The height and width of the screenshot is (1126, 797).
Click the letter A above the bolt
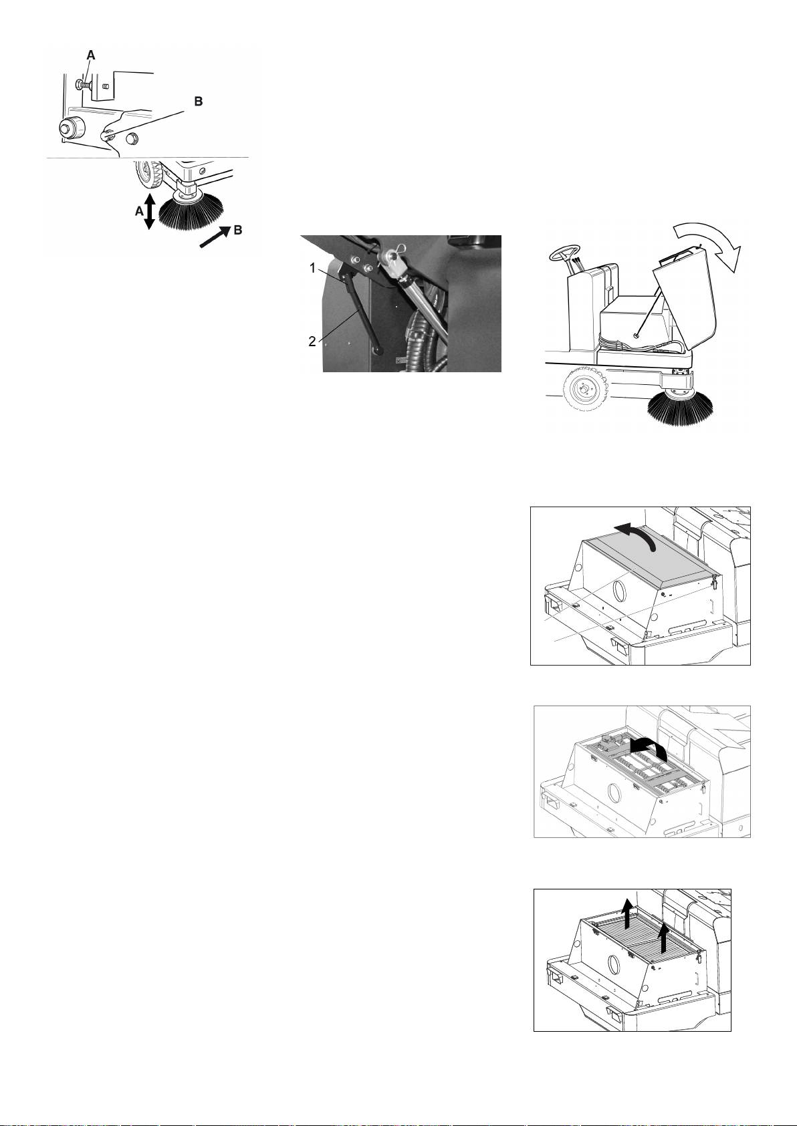coord(90,55)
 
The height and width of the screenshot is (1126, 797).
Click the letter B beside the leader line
coord(199,102)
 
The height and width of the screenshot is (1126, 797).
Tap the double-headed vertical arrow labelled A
coord(149,212)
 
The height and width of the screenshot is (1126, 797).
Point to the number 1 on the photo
coord(312,269)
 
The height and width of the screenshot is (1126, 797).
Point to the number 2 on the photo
coord(312,342)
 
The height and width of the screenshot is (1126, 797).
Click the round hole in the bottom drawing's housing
coord(614,965)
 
